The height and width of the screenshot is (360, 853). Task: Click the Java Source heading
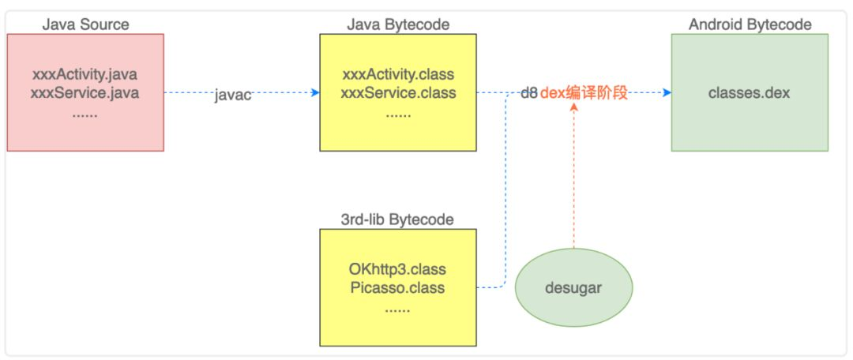tap(85, 24)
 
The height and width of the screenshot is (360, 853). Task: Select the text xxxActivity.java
tap(85, 74)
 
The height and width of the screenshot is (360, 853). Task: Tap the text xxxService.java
tap(85, 92)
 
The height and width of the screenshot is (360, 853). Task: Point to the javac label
tap(233, 95)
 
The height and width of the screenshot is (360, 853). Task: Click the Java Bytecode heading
tap(398, 24)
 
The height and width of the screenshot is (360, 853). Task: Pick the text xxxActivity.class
tap(398, 74)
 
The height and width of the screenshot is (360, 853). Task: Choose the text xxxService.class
tap(398, 92)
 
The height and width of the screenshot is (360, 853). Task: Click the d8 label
tap(529, 93)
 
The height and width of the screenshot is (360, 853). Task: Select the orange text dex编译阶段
tap(584, 93)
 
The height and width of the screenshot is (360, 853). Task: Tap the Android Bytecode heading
tap(750, 24)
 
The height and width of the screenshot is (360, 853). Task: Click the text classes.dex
tap(749, 92)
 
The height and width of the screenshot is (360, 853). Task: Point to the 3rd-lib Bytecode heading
tap(397, 219)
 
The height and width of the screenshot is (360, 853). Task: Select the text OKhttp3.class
tap(397, 268)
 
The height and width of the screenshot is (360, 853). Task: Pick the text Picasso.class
tap(397, 287)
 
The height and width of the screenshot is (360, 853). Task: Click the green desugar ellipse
tap(573, 287)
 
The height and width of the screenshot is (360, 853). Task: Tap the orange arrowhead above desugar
tap(573, 107)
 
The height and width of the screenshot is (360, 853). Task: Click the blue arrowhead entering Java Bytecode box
tap(315, 93)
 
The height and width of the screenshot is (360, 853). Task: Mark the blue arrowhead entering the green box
tap(667, 93)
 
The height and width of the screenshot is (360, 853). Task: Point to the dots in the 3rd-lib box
tap(397, 310)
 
